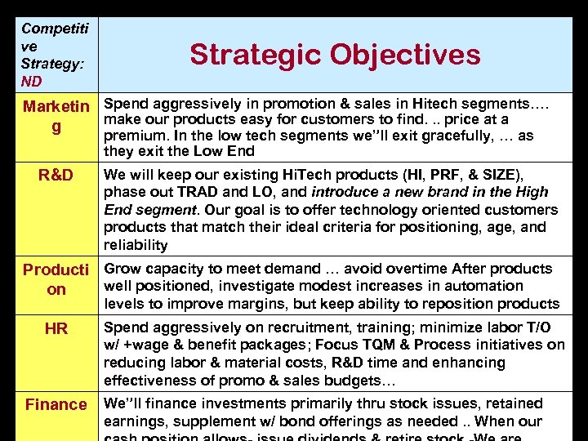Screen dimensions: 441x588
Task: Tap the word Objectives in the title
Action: tap(408, 55)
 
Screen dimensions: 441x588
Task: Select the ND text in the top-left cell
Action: tap(32, 82)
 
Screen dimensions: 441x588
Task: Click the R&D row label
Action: tap(56, 176)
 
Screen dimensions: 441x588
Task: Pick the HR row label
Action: tap(56, 328)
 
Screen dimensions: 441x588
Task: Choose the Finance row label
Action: tap(56, 404)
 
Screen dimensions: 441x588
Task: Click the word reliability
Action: tap(136, 245)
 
